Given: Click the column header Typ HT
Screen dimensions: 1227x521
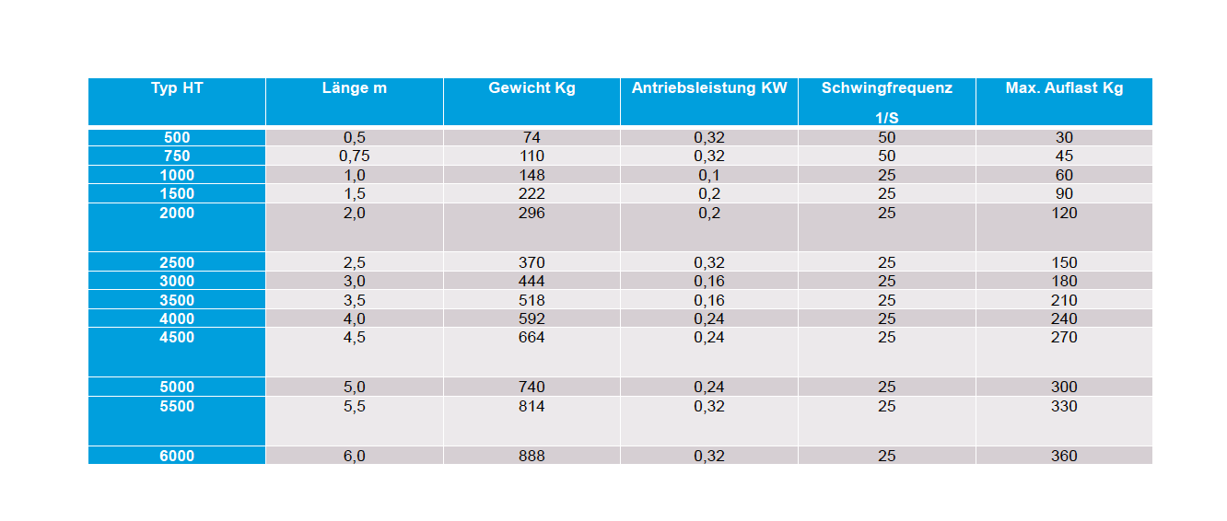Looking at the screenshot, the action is tap(177, 88).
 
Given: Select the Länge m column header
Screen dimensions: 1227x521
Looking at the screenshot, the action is tap(355, 88).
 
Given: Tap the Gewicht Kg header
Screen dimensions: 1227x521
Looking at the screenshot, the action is tap(532, 88).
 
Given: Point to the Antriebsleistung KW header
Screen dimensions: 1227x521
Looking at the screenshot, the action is tap(709, 88).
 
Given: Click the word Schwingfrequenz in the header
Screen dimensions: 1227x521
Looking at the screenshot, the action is tap(887, 88).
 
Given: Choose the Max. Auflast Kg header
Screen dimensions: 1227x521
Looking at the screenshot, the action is tap(1064, 88).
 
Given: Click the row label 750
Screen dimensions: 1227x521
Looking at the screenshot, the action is tap(177, 156).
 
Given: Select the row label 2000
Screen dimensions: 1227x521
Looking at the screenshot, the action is tap(177, 213).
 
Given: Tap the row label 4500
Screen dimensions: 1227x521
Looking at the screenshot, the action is tap(177, 337).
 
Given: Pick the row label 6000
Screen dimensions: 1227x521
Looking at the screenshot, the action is tap(177, 456).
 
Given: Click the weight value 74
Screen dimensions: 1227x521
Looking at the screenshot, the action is tap(532, 137).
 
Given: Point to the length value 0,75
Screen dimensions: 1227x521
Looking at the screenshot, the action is tap(355, 156).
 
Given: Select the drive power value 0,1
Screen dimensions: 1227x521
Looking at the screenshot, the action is tap(709, 175).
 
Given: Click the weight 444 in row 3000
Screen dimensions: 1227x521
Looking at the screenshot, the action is tap(532, 282).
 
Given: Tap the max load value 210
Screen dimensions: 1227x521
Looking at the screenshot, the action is tap(1064, 300).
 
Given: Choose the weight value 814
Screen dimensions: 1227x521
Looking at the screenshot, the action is tap(532, 406).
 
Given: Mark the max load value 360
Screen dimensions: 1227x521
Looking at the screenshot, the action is tap(1064, 456).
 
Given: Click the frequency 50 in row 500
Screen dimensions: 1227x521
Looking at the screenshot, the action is tap(887, 137).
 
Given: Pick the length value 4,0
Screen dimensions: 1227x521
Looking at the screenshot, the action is tap(355, 318).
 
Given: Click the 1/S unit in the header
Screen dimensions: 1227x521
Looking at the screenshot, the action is tap(887, 118).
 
